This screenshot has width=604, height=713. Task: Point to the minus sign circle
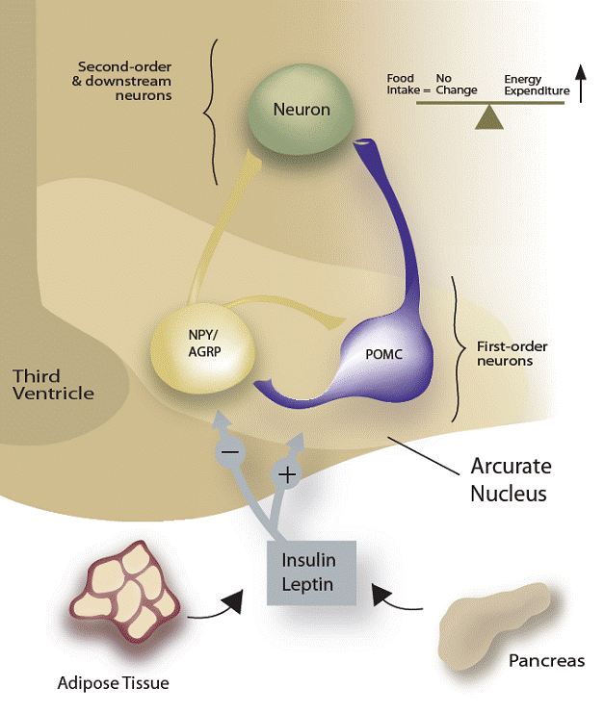tap(229, 450)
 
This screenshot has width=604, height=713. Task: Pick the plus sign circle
tap(286, 473)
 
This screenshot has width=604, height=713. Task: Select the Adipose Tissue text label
tap(113, 683)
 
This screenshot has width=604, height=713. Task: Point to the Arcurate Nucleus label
tap(511, 480)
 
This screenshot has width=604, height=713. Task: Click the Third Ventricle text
tap(53, 384)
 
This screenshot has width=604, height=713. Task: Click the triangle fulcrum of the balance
tap(490, 117)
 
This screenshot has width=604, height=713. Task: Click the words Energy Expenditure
tap(538, 85)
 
